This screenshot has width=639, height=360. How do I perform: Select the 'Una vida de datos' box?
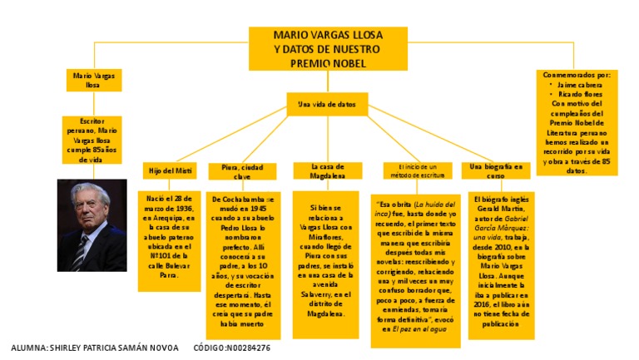click(327, 105)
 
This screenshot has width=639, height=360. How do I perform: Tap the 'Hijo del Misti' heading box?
click(171, 170)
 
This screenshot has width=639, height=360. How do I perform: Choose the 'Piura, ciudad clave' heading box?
click(242, 171)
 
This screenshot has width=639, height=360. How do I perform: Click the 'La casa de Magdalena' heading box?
click(327, 170)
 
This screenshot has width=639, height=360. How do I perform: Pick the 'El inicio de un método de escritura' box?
click(419, 170)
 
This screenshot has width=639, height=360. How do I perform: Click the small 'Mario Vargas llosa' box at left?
click(93, 80)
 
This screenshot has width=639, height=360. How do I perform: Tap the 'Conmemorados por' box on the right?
click(577, 121)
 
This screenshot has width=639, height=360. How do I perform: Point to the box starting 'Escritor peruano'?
click(92, 140)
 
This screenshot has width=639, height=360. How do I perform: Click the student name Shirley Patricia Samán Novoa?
click(94, 348)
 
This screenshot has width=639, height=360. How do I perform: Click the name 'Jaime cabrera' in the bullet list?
click(580, 84)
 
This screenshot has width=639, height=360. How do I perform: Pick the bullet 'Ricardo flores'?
click(580, 94)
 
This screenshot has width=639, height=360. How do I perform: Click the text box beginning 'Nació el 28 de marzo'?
click(171, 240)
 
